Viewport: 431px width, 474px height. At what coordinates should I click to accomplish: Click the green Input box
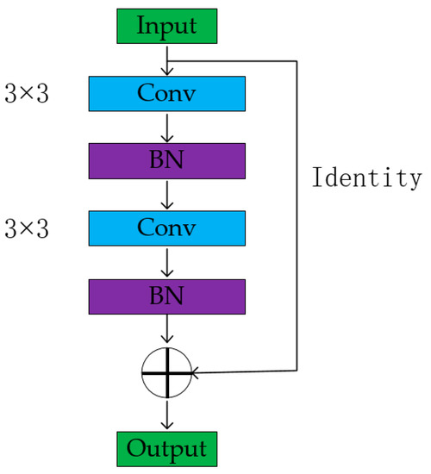click(x=167, y=26)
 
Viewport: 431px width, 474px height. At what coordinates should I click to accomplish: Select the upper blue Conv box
click(x=167, y=93)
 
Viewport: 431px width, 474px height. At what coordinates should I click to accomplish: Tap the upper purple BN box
click(x=167, y=160)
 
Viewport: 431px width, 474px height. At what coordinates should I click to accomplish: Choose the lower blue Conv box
click(x=167, y=228)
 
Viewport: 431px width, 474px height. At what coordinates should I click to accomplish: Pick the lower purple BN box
click(x=167, y=296)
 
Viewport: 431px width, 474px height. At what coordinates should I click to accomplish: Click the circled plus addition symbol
click(x=167, y=373)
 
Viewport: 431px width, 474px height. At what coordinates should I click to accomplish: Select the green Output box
click(x=167, y=449)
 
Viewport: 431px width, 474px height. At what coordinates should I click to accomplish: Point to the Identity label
click(x=367, y=179)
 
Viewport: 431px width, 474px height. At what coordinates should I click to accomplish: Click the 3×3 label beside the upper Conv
click(x=27, y=93)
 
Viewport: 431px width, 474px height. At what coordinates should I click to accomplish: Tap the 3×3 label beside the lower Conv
click(x=27, y=228)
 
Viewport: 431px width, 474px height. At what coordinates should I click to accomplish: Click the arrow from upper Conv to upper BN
click(x=167, y=127)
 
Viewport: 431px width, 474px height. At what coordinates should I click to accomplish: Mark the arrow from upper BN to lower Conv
click(x=167, y=194)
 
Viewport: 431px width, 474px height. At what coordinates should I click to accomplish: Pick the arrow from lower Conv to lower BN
click(x=167, y=262)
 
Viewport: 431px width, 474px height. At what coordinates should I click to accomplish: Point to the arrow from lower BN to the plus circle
click(x=167, y=332)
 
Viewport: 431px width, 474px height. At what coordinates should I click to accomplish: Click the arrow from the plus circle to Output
click(x=167, y=414)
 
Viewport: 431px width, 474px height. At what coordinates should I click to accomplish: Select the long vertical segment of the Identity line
click(x=297, y=215)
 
